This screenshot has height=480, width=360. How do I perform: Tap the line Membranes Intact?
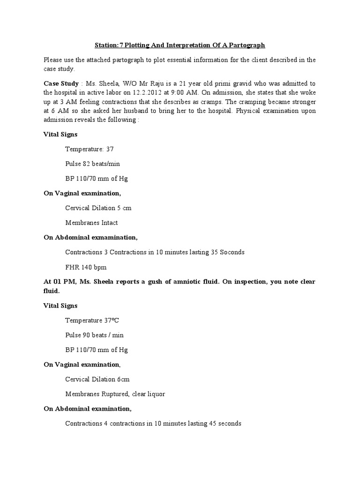tap(91, 223)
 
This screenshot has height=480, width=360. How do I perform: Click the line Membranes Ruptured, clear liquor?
tap(115, 394)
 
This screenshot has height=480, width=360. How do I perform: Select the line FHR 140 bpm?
tap(86, 267)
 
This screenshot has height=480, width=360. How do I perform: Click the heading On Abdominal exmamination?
tap(90, 237)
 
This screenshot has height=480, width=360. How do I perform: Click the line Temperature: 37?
tap(89, 149)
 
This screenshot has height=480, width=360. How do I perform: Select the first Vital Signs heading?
tap(60, 134)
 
